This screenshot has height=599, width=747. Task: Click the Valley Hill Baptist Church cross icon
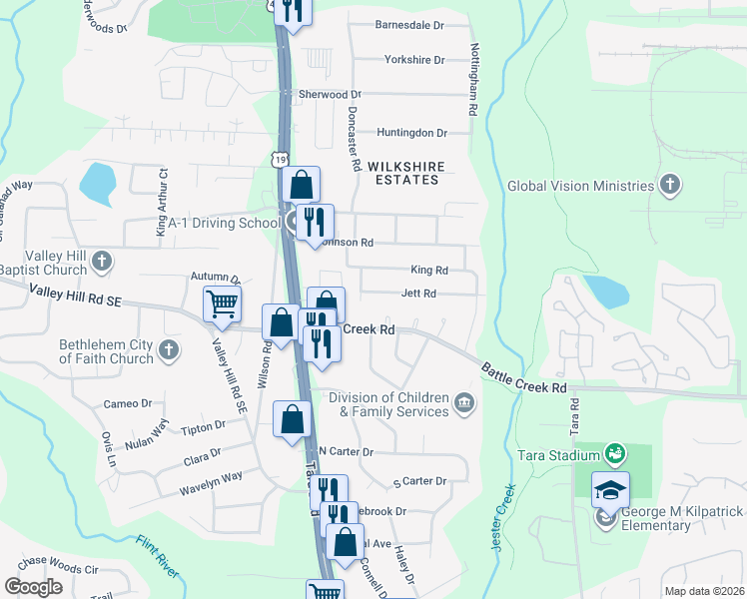(x=101, y=263)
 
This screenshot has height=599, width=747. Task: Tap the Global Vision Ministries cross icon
(x=670, y=185)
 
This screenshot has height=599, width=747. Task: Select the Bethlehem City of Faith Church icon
(x=169, y=349)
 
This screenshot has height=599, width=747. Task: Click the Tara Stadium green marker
(x=616, y=455)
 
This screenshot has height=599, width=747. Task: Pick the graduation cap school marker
(x=610, y=490)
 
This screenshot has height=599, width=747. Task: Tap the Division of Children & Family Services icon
(x=464, y=402)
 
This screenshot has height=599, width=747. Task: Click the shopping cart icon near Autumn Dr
(x=222, y=303)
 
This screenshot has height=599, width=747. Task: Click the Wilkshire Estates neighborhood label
(x=402, y=173)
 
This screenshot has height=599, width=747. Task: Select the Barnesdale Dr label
(x=407, y=25)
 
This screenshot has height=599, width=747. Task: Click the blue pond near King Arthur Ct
(x=97, y=182)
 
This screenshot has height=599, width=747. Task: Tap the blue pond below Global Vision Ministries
(x=605, y=291)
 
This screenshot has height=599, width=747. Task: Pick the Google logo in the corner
(x=33, y=587)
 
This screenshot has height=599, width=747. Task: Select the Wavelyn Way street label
(x=211, y=477)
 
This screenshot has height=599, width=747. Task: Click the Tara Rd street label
(x=574, y=416)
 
